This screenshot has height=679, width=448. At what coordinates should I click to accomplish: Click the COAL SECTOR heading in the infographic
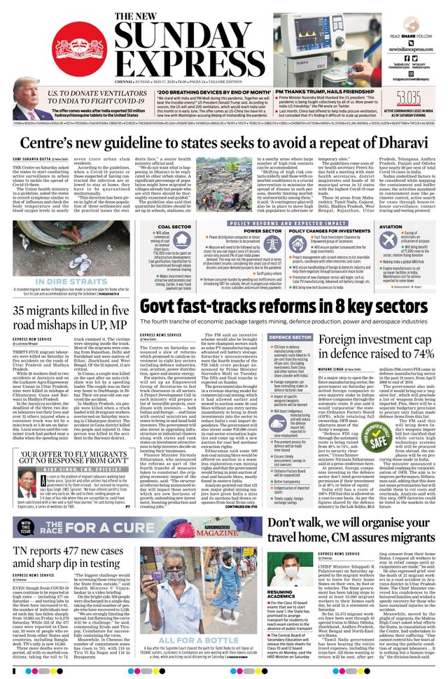click(x=175, y=227)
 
